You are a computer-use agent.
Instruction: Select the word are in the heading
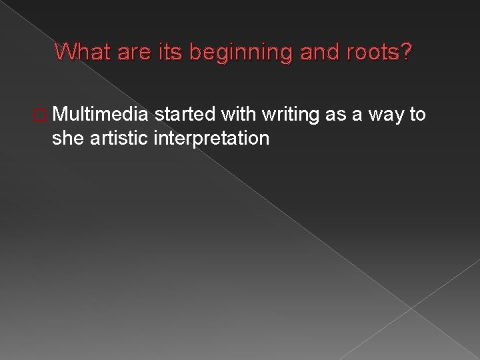coord(128,51)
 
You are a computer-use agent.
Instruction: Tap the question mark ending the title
coord(405,51)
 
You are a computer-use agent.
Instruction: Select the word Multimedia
coord(101,115)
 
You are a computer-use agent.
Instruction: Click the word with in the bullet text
coord(239,115)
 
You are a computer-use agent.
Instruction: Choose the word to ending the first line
coord(418,115)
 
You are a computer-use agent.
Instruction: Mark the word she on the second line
coord(66,138)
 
